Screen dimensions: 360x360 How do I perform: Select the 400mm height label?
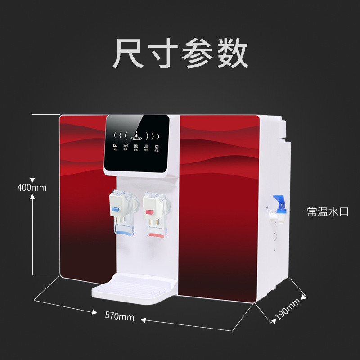coord(31,187)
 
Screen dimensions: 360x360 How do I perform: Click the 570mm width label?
coord(119,316)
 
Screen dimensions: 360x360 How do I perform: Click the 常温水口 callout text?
coord(328,212)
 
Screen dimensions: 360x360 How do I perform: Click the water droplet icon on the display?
coord(136,135)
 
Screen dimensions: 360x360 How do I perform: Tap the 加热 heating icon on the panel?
coord(146,147)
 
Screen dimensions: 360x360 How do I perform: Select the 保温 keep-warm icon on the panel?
coord(157,147)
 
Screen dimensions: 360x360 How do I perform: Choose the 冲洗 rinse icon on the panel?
coord(126,147)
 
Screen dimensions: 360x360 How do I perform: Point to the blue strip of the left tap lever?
coord(116,209)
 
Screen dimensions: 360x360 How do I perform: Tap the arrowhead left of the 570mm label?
coord(94,311)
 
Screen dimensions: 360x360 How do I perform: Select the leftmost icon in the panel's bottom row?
coord(115,147)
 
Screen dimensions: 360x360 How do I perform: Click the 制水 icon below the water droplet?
coord(136,147)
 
